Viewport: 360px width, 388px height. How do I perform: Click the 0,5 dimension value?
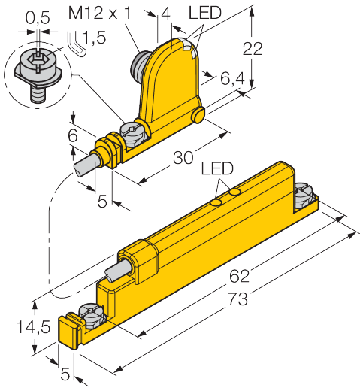point(35,12)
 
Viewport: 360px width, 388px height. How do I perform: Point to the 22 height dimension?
point(253,50)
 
